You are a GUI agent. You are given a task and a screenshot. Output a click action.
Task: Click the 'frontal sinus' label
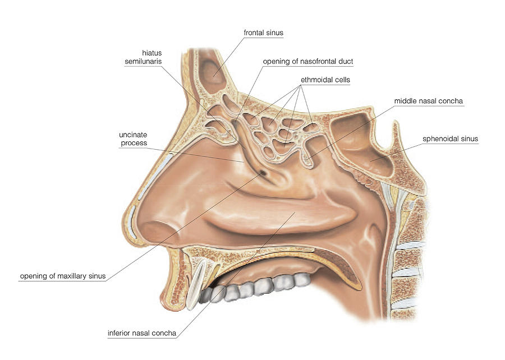point(263,33)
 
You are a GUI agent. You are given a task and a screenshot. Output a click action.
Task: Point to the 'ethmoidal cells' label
point(325,80)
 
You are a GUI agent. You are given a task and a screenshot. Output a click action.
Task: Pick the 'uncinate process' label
point(133,139)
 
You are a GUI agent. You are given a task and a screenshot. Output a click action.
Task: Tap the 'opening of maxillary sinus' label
point(63,276)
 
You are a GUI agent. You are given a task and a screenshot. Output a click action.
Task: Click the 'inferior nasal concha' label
point(142,333)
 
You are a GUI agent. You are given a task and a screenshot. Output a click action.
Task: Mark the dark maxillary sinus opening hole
point(263,173)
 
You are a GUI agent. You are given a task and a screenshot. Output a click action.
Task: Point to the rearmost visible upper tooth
point(303,279)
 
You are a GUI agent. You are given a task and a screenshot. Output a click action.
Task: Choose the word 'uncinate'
point(133,135)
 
